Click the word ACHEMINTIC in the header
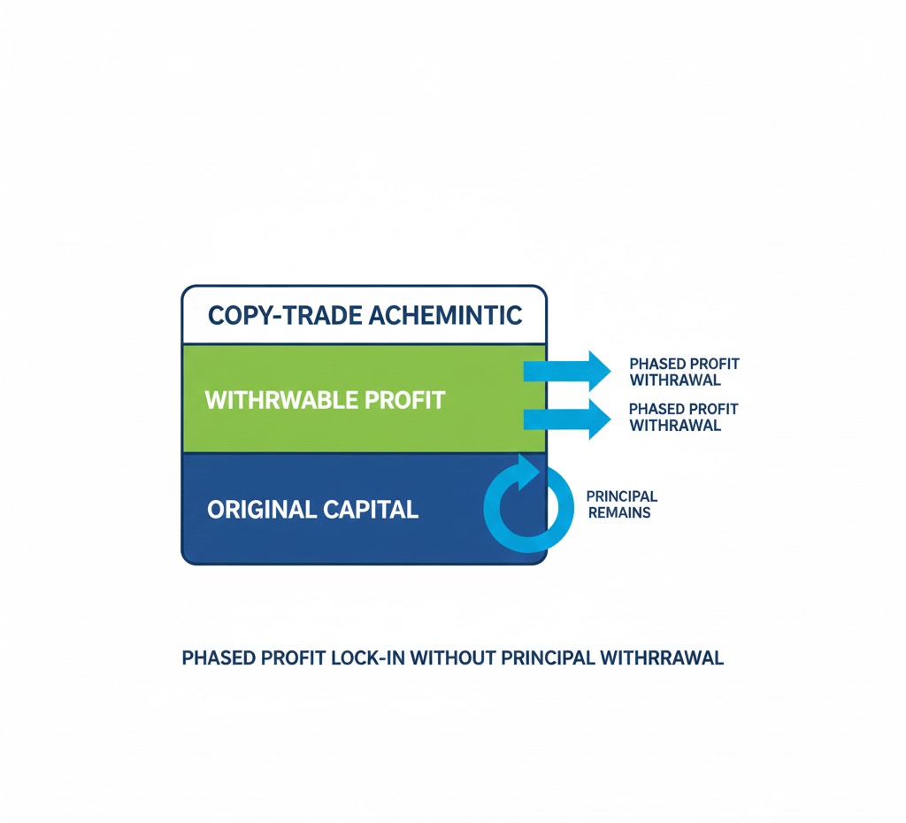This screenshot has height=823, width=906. (445, 316)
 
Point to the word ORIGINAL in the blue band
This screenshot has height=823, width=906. (261, 510)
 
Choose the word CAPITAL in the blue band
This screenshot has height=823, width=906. (371, 510)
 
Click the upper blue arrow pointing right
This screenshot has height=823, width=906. (567, 371)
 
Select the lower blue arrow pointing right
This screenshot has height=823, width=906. (567, 419)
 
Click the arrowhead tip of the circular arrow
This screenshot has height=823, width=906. (540, 467)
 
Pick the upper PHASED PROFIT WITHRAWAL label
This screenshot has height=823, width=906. (684, 372)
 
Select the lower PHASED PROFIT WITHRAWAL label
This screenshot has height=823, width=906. (684, 417)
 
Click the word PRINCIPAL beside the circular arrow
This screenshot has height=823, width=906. (622, 496)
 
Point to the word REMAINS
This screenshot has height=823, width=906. (619, 512)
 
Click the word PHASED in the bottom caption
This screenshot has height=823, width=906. (219, 658)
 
